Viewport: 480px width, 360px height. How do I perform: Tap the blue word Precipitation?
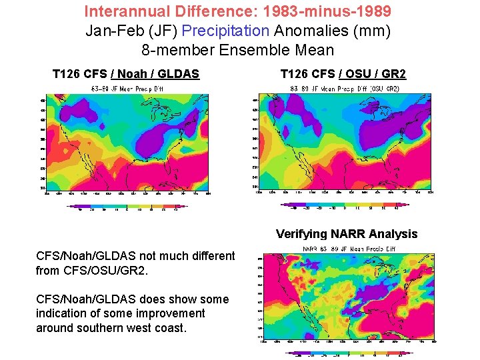226,31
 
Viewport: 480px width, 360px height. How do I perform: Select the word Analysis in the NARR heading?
393,233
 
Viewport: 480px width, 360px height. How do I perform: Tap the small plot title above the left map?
127,87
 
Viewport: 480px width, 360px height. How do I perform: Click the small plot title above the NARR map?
340,250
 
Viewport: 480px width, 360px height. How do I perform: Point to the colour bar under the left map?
127,206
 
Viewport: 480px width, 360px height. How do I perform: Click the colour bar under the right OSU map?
343,206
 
